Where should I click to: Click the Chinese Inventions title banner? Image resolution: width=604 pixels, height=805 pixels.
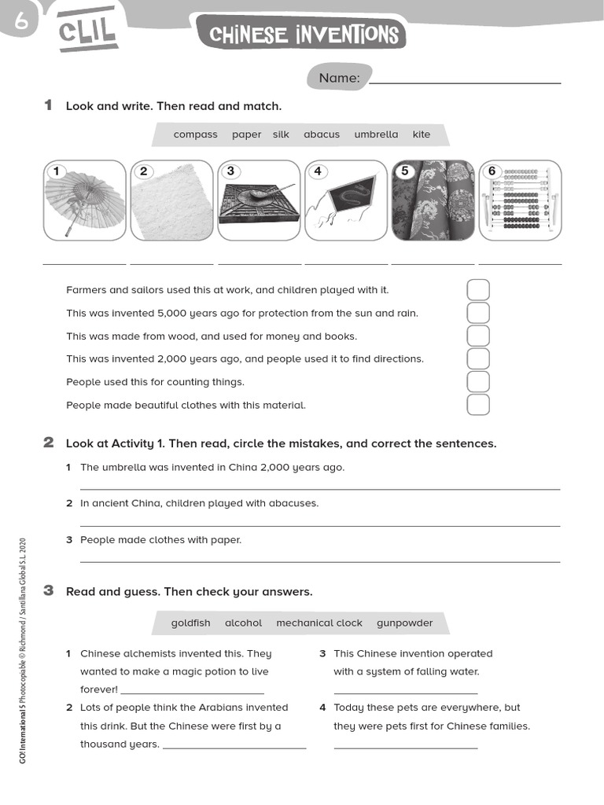pos(304,35)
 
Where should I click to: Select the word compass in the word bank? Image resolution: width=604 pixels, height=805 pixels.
pos(195,134)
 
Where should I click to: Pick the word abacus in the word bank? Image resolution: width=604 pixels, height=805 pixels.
pos(322,134)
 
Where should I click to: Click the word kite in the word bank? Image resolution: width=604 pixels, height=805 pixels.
pos(422,134)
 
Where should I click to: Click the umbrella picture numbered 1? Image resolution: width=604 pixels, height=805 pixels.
pos(84,200)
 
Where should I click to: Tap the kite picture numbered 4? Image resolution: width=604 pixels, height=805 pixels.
pos(345,200)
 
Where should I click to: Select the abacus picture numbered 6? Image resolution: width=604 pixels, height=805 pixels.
pos(520,200)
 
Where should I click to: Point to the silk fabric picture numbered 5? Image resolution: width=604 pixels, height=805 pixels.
pos(433,200)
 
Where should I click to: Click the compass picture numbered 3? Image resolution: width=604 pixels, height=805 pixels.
pos(259,200)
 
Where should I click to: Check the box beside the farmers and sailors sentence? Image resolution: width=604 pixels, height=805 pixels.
pos(478,290)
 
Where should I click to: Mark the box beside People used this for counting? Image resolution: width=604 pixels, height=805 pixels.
pos(478,382)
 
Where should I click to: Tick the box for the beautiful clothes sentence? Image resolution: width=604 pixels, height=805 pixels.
pos(478,405)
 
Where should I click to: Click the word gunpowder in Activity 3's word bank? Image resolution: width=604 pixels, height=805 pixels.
pos(404,623)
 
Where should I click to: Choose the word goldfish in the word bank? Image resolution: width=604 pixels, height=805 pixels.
pos(191,623)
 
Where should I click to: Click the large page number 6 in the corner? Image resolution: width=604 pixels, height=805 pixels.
pos(20,23)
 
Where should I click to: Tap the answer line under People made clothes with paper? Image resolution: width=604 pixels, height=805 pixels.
pos(320,561)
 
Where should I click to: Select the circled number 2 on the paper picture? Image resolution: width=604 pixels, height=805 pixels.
pos(143,171)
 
